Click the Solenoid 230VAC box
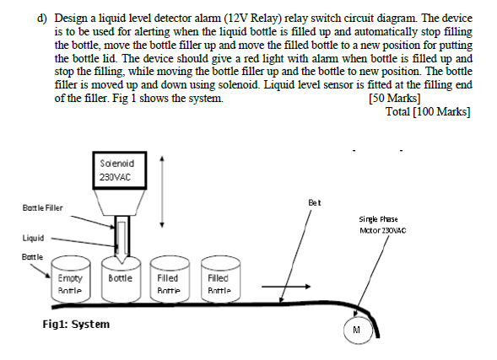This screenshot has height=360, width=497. (x=116, y=170)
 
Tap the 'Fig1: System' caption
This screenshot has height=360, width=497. (x=76, y=324)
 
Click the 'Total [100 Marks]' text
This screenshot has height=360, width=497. (x=426, y=111)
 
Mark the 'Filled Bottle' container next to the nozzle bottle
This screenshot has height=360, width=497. (x=167, y=280)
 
